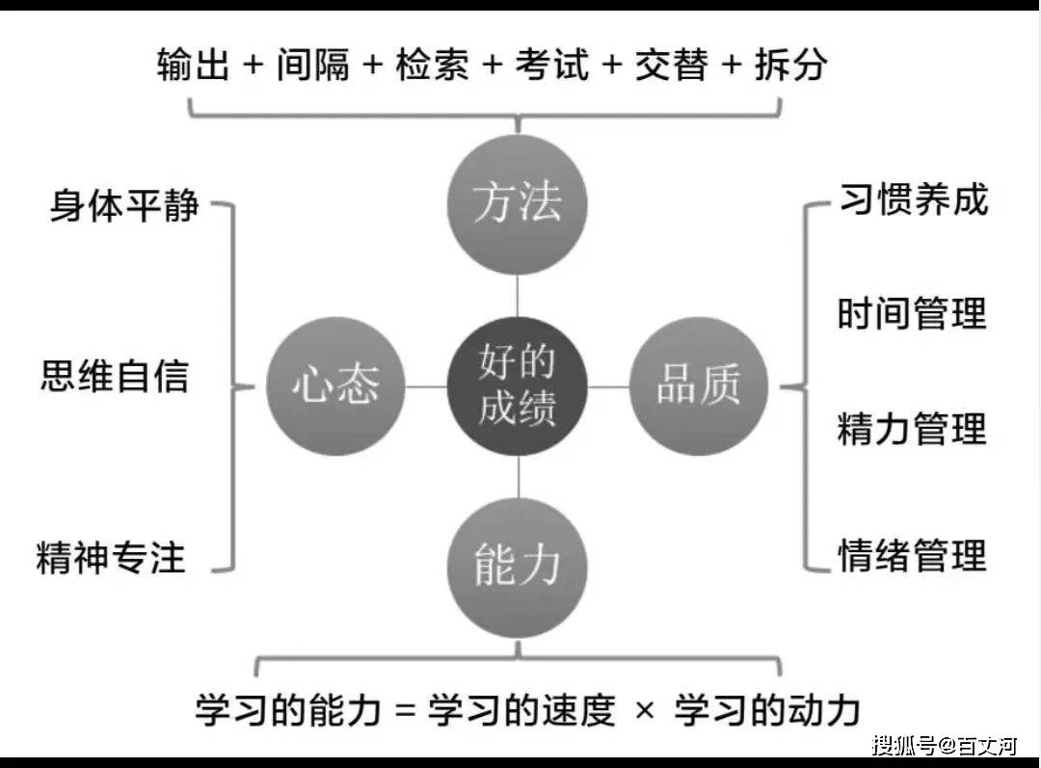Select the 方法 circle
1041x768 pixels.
pyautogui.click(x=518, y=202)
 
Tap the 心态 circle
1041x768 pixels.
pyautogui.click(x=336, y=385)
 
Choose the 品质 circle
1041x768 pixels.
pyautogui.click(x=699, y=385)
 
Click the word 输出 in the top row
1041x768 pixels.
pyautogui.click(x=194, y=66)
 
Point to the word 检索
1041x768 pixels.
pyautogui.click(x=432, y=66)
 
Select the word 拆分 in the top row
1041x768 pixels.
pyautogui.click(x=790, y=66)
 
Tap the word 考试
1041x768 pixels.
pyautogui.click(x=551, y=66)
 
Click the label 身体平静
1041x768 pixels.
pyautogui.click(x=124, y=205)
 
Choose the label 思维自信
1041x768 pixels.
pyautogui.click(x=115, y=376)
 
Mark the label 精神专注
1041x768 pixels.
pyautogui.click(x=111, y=557)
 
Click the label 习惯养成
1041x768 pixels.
pyautogui.click(x=913, y=199)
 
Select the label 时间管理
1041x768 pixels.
pyautogui.click(x=912, y=313)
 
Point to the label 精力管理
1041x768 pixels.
pyautogui.click(x=912, y=429)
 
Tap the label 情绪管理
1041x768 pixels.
pyautogui.click(x=912, y=555)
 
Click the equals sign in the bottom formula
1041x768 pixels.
pyautogui.click(x=406, y=711)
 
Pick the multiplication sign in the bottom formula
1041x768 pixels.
pyautogui.click(x=644, y=711)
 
